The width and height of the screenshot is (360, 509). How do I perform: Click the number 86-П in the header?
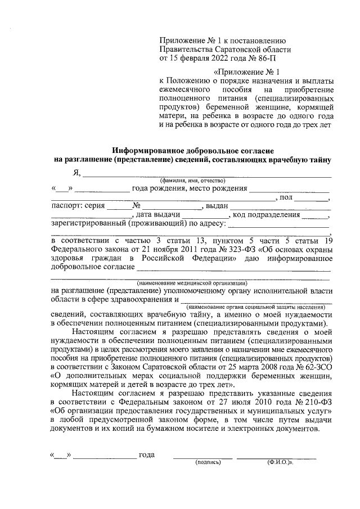(264, 57)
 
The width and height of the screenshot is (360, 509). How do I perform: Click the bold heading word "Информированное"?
(151, 151)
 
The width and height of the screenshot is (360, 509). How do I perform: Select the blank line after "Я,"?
(208, 175)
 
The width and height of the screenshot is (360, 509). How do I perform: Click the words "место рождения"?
(219, 188)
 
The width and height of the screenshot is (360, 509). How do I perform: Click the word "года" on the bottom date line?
(147, 454)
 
